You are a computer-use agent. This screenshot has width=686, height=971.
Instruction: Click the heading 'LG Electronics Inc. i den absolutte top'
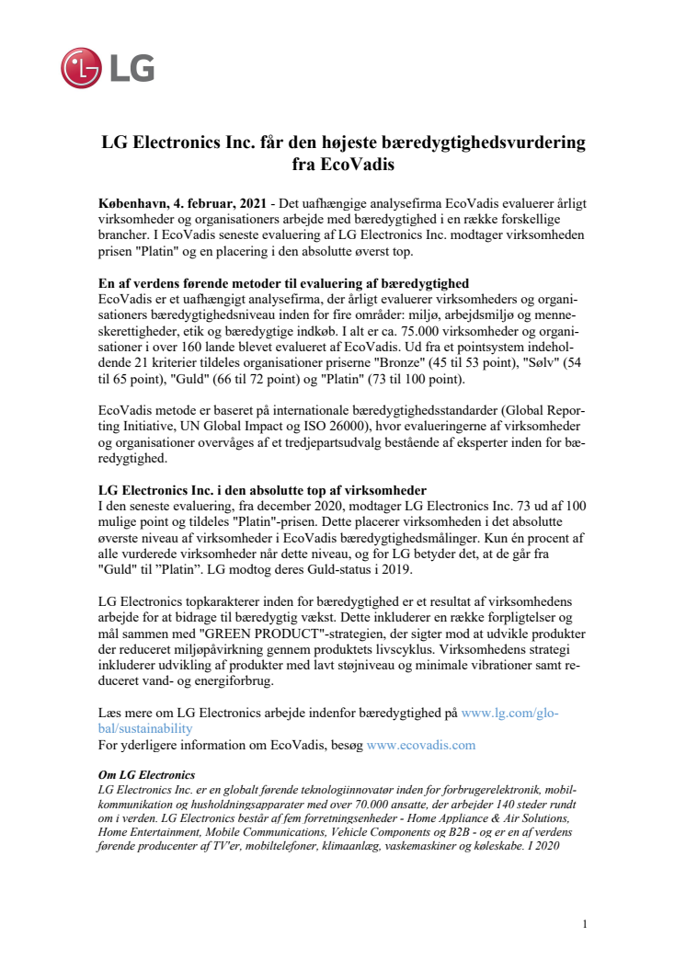(x=262, y=489)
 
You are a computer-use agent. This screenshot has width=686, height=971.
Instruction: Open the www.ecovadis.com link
(x=420, y=744)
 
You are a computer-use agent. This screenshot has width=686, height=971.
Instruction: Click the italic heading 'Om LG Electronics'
(x=146, y=776)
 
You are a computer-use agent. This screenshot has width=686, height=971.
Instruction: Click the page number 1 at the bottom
(x=585, y=923)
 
